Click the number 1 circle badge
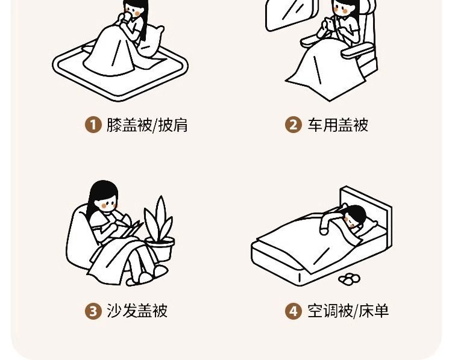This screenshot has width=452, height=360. [x=93, y=125]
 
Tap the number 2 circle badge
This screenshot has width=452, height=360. [x=293, y=125]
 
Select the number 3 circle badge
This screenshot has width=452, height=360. [x=93, y=311]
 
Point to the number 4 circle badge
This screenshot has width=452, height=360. [x=293, y=311]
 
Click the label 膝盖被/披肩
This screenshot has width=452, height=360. [x=147, y=125]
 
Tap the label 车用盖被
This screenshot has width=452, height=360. [x=337, y=125]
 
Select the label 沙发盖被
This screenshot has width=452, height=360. [x=137, y=311]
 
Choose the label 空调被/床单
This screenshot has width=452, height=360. [x=348, y=311]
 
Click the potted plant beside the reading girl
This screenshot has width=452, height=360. [x=159, y=228]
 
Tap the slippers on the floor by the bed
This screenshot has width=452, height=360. [x=350, y=279]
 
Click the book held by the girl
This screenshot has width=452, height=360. [x=131, y=228]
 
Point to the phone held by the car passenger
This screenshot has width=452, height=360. [x=328, y=23]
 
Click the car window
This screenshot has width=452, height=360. [x=291, y=14]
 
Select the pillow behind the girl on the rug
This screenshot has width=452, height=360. [x=151, y=40]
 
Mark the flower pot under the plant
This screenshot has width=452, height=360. [x=160, y=249]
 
